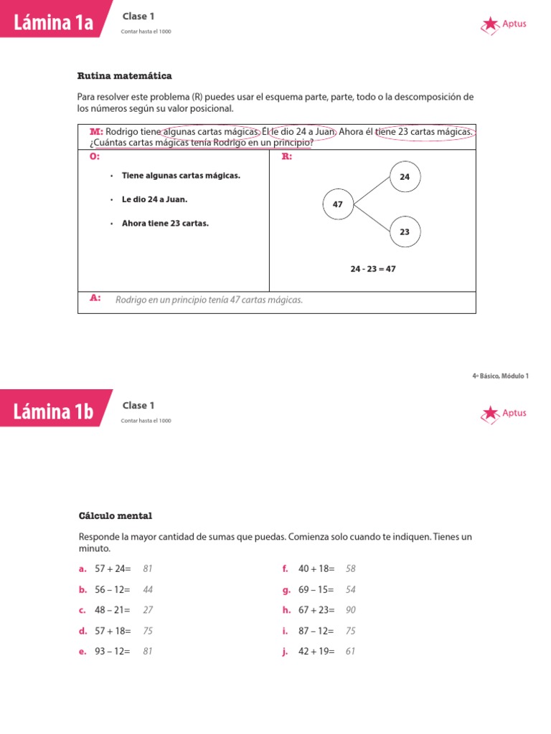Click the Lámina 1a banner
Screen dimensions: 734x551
tap(55, 23)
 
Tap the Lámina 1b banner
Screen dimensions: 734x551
tap(55, 411)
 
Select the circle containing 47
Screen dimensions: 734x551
tap(338, 204)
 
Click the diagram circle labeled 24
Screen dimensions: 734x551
tap(405, 176)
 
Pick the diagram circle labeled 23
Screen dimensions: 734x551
tap(405, 232)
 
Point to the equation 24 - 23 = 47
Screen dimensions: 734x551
tap(373, 269)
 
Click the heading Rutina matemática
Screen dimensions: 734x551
tap(124, 76)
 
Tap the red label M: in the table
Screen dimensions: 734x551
tap(96, 132)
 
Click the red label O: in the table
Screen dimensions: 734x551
tap(95, 156)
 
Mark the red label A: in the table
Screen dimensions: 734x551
tap(95, 298)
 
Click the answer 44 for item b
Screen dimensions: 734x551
tap(148, 590)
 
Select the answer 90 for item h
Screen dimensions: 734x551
tap(351, 610)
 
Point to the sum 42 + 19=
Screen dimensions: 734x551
tap(316, 652)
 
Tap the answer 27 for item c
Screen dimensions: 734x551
tap(148, 610)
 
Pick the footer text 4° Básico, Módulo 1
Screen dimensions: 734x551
tap(500, 376)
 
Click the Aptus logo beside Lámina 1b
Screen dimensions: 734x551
tap(504, 413)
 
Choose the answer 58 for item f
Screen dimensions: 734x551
tap(351, 569)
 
